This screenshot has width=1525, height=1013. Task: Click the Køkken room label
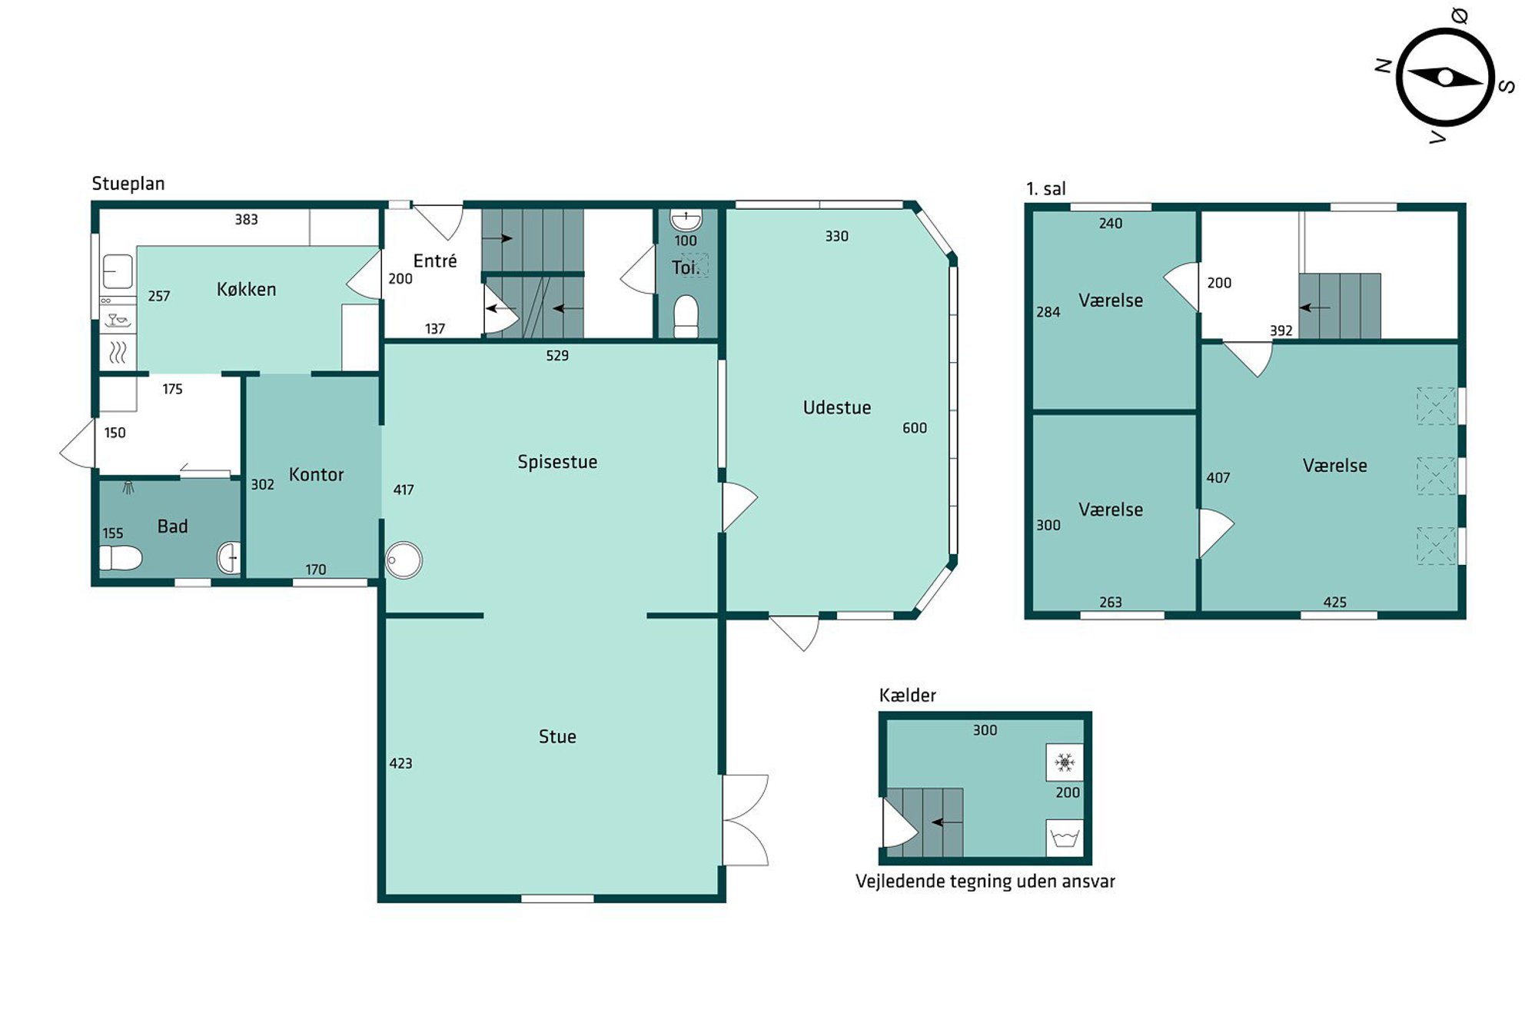point(246,289)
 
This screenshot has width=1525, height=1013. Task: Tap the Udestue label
point(836,407)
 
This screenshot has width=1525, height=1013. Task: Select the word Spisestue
point(557,462)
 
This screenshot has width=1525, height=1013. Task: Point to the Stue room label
point(557,736)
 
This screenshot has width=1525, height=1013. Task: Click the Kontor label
point(316,474)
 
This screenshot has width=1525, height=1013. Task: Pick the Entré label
point(434,261)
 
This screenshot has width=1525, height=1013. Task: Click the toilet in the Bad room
point(121,557)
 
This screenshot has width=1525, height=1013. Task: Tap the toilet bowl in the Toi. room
point(686,316)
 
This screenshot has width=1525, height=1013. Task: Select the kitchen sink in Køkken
point(118,271)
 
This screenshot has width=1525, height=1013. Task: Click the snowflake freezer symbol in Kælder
point(1065,762)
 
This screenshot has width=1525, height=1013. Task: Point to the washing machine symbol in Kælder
point(1065,838)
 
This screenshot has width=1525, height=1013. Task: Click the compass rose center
point(1445,78)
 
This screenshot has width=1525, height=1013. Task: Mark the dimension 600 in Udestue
point(914,428)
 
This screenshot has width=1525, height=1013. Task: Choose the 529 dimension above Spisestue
point(557,356)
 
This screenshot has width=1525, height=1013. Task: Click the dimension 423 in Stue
point(400,763)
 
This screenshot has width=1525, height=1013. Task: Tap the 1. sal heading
point(1045,189)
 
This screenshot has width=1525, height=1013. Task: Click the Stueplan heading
point(128,184)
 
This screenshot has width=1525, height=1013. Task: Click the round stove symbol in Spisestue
point(404,560)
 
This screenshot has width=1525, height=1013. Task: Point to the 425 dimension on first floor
point(1334,603)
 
